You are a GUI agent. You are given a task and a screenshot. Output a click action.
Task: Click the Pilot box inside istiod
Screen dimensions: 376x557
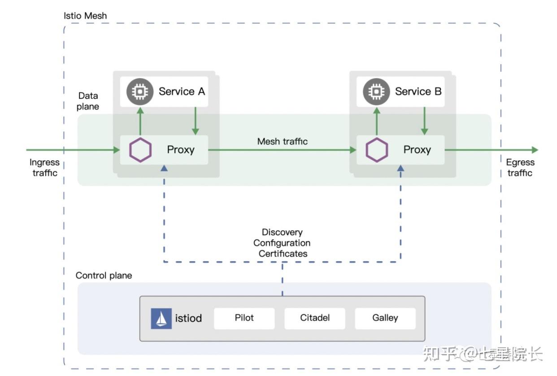[x=244, y=318]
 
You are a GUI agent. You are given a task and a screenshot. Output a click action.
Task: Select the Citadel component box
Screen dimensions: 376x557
[x=315, y=318]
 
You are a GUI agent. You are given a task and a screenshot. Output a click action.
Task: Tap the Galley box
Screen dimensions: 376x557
[x=385, y=318]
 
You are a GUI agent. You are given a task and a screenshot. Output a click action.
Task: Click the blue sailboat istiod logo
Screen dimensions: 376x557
[x=161, y=319]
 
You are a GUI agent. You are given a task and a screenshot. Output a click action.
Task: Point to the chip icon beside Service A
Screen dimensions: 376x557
[x=140, y=92]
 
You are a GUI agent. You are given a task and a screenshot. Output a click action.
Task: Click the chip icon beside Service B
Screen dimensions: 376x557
[x=376, y=92]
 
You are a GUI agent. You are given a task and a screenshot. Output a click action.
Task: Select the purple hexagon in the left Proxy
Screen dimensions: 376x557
[x=140, y=150]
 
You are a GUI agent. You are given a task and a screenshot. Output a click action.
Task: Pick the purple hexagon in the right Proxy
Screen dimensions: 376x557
[x=377, y=150]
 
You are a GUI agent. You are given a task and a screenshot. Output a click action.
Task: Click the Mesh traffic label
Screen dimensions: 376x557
[x=283, y=141]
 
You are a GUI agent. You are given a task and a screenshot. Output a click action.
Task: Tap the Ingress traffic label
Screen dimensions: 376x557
[x=44, y=168]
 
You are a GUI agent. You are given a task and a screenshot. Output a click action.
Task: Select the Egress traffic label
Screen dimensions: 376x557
[x=520, y=168]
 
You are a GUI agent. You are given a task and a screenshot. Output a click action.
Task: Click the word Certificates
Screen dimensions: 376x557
[x=283, y=254]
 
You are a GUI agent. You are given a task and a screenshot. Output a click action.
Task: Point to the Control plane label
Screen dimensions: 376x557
[x=104, y=275]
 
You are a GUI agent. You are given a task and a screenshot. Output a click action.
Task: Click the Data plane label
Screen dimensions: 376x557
[x=88, y=101]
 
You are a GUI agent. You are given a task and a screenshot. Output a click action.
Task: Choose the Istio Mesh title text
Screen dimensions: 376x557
[x=85, y=16]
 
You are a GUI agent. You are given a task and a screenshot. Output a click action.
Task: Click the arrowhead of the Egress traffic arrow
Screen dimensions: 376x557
[x=534, y=150]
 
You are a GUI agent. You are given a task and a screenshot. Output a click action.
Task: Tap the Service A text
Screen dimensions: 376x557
[x=182, y=92]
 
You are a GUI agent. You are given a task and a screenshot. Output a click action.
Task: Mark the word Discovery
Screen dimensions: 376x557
[x=282, y=232]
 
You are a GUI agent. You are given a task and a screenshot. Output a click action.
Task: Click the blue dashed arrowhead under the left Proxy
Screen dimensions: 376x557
[x=164, y=167]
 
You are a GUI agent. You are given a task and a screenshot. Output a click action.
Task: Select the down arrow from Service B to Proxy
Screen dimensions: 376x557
[x=424, y=121]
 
